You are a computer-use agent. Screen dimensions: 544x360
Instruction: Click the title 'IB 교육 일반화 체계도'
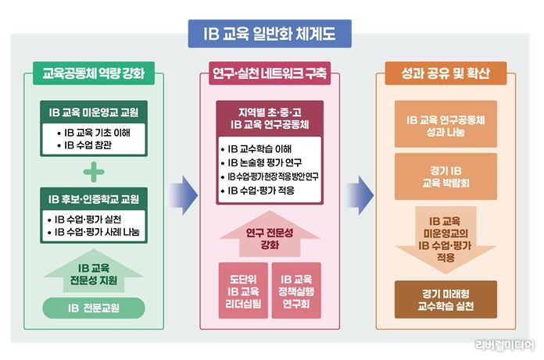270,34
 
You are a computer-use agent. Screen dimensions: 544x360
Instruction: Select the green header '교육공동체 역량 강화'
94,73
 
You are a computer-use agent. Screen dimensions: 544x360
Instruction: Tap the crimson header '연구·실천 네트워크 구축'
270,73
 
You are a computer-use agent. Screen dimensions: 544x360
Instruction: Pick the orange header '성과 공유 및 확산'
446,73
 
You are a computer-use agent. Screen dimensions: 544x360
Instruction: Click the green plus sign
94,172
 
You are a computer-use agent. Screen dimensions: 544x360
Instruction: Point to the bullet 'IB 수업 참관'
84,144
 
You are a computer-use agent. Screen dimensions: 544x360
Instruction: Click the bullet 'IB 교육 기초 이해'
94,132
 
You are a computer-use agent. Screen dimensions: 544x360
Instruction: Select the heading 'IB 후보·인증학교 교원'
94,199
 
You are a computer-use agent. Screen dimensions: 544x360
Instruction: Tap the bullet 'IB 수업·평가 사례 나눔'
93,232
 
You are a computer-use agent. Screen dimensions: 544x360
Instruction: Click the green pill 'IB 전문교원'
94,308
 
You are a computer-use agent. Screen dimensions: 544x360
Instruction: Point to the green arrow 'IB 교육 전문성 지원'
94,271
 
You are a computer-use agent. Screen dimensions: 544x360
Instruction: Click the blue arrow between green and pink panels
184,195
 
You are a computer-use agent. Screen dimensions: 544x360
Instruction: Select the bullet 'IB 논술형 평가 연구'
261,162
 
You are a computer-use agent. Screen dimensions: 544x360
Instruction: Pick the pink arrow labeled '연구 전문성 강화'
270,233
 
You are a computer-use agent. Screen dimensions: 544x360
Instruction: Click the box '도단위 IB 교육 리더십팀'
243,290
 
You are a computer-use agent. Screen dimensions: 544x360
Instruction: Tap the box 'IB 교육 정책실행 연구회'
296,290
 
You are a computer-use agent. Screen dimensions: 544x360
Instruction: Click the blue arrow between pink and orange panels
360,195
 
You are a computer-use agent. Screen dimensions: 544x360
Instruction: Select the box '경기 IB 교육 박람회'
446,176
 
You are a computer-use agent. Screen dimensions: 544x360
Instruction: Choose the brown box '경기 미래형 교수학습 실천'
446,300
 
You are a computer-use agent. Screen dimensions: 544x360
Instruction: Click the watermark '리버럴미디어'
505,345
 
